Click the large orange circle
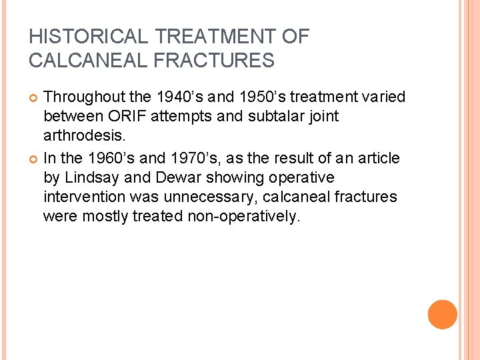(442, 315)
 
